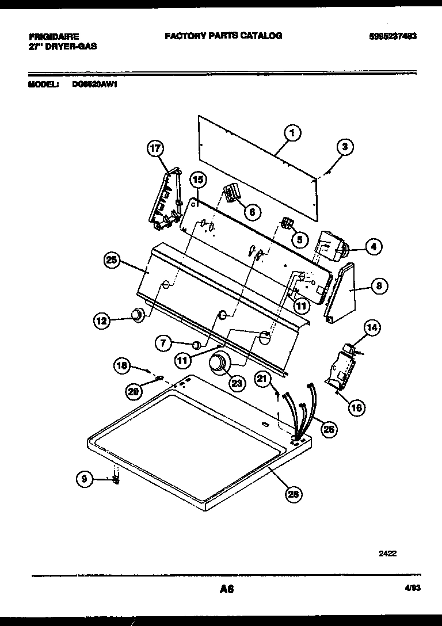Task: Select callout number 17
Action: point(154,148)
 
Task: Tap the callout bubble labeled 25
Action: point(112,260)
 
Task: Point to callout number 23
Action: point(237,382)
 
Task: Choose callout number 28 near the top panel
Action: point(294,493)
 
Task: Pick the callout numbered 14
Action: point(372,328)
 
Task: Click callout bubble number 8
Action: point(379,285)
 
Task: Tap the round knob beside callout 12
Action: point(137,315)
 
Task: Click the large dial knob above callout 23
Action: point(219,364)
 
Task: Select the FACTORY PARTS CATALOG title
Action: point(223,36)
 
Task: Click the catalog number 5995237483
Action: point(393,36)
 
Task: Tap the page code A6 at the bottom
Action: point(226,589)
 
